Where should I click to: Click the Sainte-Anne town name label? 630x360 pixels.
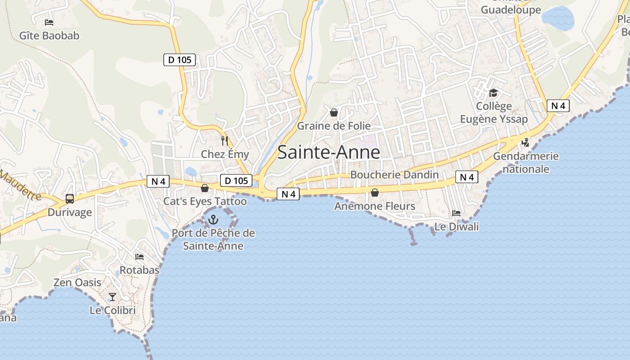click(x=328, y=153)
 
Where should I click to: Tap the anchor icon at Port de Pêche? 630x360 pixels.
click(x=213, y=220)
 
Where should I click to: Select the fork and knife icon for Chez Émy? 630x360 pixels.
click(x=225, y=141)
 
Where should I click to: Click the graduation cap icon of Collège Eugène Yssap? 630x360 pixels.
click(x=494, y=93)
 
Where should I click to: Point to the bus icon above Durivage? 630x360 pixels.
click(x=70, y=198)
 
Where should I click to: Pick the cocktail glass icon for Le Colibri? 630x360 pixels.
click(x=112, y=297)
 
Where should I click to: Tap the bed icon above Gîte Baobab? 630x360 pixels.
click(x=49, y=22)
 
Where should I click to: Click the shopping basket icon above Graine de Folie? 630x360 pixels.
click(x=334, y=112)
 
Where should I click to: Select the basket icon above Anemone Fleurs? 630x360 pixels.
click(x=374, y=193)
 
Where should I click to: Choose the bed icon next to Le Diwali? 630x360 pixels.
click(x=456, y=213)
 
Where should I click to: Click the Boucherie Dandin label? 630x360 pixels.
click(x=394, y=175)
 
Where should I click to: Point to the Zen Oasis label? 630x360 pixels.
click(x=77, y=283)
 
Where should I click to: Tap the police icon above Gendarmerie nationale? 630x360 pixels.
click(x=525, y=143)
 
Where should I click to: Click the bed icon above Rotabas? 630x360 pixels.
click(x=139, y=257)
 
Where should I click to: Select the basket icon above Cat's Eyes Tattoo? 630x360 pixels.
click(x=205, y=188)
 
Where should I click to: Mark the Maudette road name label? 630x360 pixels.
click(x=20, y=185)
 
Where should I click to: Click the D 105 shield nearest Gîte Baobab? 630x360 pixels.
click(x=180, y=59)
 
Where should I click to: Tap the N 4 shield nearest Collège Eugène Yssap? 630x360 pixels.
click(x=558, y=106)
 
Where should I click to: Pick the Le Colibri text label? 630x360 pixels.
click(x=112, y=310)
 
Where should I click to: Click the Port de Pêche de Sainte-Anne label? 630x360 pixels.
click(x=213, y=239)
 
